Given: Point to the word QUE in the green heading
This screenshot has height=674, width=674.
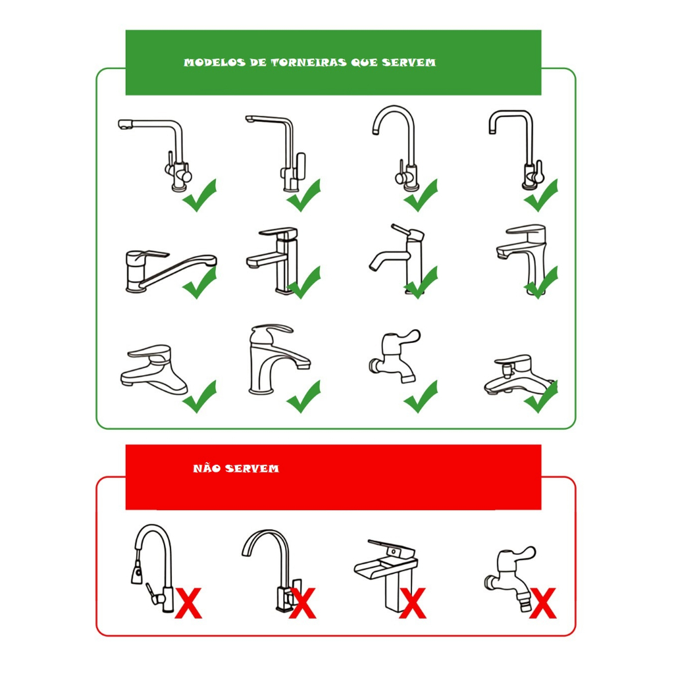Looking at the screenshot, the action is (365, 63).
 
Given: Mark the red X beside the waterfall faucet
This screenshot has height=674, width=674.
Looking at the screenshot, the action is (413, 603).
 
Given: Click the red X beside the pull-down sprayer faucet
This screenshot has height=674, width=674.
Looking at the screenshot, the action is (188, 603).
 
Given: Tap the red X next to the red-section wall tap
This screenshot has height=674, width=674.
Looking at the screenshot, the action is (543, 603).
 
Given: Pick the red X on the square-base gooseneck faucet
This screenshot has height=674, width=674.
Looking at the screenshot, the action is (303, 603).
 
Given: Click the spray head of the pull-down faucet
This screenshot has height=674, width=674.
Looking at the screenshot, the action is (137, 572).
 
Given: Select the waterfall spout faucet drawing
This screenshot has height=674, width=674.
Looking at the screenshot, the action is (386, 575).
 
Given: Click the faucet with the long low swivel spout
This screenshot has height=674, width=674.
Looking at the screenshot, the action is (170, 270).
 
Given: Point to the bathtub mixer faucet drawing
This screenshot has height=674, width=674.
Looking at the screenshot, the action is (519, 374).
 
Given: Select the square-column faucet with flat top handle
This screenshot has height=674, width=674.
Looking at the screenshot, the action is (272, 260).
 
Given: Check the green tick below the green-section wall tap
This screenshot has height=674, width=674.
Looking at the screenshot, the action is (421, 396).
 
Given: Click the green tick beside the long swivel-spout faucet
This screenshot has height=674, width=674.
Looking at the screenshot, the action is (199, 282).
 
